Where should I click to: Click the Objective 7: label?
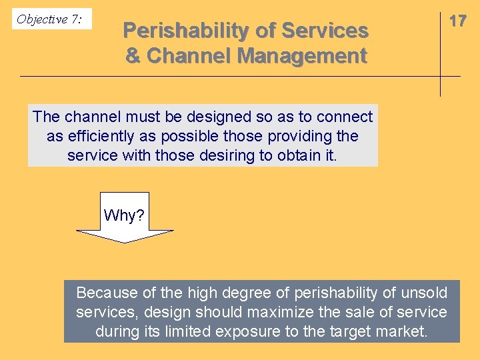pyautogui.click(x=50, y=19)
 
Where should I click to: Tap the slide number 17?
pyautogui.click(x=457, y=21)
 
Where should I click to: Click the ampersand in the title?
pyautogui.click(x=133, y=56)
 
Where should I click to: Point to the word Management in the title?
pyautogui.click(x=302, y=56)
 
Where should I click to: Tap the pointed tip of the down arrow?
pyautogui.click(x=125, y=241)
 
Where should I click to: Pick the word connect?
pyautogui.click(x=345, y=117)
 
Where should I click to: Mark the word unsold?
pyautogui.click(x=427, y=293)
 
